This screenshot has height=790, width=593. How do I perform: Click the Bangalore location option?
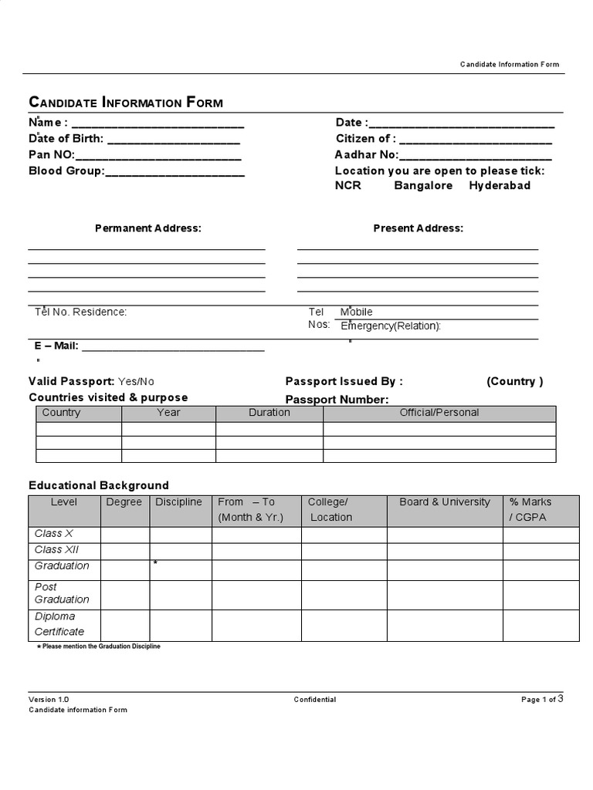point(423,186)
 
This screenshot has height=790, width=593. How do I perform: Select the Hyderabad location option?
point(500,186)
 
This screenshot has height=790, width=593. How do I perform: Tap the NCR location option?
point(347,186)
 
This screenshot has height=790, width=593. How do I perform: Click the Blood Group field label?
point(66,171)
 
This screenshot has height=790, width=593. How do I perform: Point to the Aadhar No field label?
point(366,155)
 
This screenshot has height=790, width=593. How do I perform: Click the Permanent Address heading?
point(147,228)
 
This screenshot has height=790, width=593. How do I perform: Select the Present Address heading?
point(418,228)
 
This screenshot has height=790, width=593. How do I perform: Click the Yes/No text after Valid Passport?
point(136,382)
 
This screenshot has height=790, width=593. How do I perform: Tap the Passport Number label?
point(337,400)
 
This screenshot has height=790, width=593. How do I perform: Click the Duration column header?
point(269,413)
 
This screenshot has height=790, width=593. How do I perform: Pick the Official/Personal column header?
point(439,413)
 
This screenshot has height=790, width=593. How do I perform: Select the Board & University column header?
point(445,502)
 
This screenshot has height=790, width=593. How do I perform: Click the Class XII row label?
point(56,550)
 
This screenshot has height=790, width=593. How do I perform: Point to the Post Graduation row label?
point(62,593)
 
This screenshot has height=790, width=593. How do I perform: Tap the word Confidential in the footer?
point(314,700)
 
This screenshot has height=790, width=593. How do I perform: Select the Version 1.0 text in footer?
point(49,700)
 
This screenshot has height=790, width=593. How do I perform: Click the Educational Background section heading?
point(98,486)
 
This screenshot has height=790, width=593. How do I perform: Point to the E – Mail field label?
point(54,346)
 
